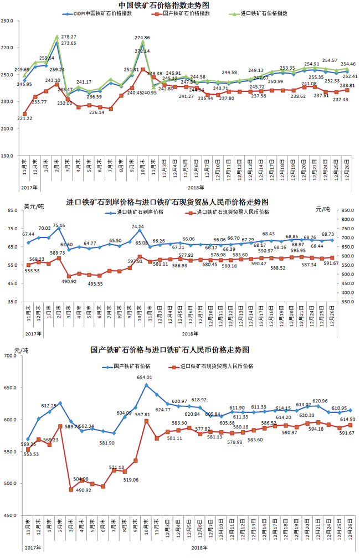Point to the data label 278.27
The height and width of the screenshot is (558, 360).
[69, 37]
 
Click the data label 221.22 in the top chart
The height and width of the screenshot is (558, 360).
[24, 118]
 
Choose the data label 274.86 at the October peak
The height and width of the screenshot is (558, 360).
[142, 38]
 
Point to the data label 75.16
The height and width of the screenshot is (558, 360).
[59, 225]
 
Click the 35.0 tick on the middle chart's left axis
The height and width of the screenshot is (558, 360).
[13, 302]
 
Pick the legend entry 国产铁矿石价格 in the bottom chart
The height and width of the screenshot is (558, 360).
[131, 366]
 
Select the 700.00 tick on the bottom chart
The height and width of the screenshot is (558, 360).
[11, 356]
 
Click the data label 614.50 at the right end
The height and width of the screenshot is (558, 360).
[347, 420]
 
